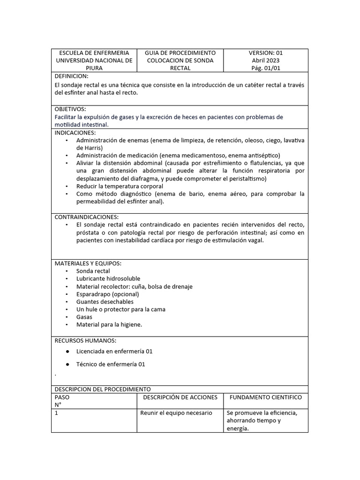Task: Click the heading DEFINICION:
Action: click(x=71, y=76)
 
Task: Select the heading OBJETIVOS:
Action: click(x=70, y=109)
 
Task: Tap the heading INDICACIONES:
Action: click(x=75, y=133)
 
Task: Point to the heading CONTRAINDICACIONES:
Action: click(x=87, y=217)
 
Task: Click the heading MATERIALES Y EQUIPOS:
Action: click(x=88, y=263)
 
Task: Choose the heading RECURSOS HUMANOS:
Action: click(x=85, y=340)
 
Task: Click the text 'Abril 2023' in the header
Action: click(x=265, y=60)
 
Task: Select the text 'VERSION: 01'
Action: click(x=265, y=53)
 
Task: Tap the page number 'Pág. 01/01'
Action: click(x=265, y=68)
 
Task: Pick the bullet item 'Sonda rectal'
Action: click(x=93, y=271)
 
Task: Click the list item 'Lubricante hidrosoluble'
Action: click(x=108, y=278)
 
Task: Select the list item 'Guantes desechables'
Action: click(x=105, y=302)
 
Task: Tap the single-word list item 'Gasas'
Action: click(x=84, y=317)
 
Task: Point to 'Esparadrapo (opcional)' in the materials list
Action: click(x=107, y=294)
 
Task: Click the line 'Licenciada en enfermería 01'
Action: click(x=114, y=351)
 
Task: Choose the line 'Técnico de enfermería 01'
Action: click(x=111, y=364)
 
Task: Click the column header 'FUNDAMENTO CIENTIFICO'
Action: click(x=265, y=397)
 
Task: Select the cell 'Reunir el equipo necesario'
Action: click(x=176, y=413)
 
